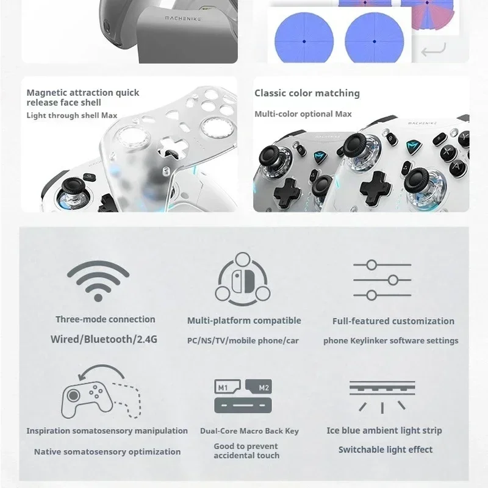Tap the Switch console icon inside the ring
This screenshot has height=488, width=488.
pos(243,281)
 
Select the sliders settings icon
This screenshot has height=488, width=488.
pos(382,280)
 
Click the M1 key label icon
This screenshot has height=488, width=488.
pos(227,387)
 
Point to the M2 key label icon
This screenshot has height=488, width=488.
pos(259,387)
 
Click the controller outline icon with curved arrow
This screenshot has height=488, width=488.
pos(101,392)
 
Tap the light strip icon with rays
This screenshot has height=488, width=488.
pos(382,397)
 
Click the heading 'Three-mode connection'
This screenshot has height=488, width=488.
pos(105,319)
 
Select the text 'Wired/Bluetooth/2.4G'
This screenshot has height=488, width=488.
pos(104,339)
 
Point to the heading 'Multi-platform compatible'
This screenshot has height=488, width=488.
pos(244,321)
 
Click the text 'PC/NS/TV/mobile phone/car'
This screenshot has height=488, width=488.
pos(243,341)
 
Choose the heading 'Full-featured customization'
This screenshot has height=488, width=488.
pos(393,321)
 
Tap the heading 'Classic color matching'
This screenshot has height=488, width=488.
pos(307,93)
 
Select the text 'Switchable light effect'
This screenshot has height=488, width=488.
pos(386,450)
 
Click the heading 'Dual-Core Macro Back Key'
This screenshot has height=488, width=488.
pos(249,431)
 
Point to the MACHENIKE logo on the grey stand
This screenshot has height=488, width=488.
pos(182,19)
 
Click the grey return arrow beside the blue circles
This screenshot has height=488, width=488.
pos(434,49)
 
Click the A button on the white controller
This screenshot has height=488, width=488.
pos(456,167)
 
